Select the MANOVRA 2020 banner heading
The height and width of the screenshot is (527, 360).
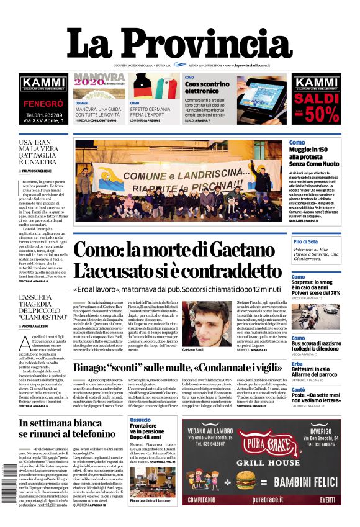99,80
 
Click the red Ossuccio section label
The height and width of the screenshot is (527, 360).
140,420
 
